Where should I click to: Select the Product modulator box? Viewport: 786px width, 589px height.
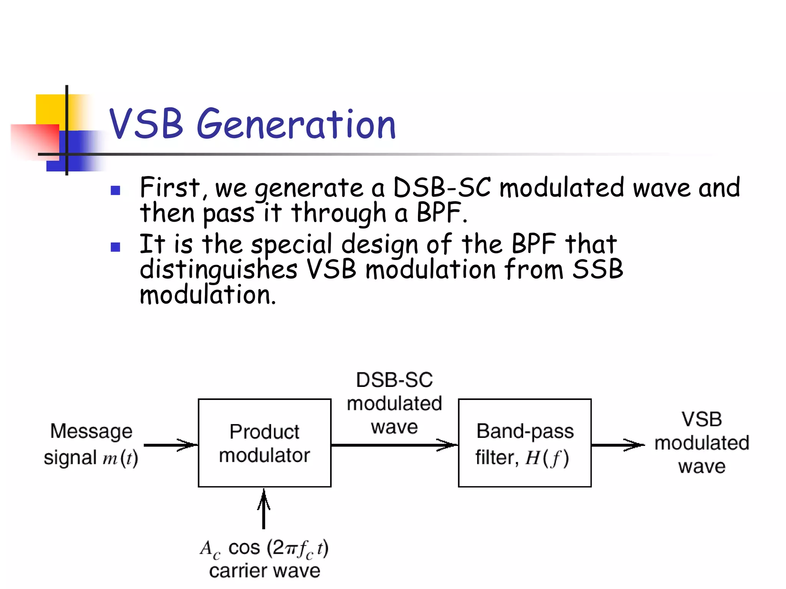264,443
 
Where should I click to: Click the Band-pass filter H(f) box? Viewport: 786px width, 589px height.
525,443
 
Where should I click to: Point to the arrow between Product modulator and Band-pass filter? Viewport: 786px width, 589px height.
395,445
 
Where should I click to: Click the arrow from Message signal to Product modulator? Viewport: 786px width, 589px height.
171,445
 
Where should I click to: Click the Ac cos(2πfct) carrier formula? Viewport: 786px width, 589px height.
264,548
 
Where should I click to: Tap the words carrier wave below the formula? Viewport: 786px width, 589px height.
264,571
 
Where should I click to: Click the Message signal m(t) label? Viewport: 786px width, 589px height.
91,444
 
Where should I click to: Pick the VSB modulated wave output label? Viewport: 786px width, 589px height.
702,443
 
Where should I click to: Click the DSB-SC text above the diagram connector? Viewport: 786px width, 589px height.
394,380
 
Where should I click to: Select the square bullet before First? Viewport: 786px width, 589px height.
116,191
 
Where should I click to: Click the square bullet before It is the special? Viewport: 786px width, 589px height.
116,247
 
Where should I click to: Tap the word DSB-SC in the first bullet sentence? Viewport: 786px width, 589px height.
442,188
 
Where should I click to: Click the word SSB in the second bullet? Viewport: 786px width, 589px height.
598,269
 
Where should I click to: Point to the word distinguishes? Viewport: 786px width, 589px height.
218,269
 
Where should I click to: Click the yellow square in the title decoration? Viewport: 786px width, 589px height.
50,109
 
